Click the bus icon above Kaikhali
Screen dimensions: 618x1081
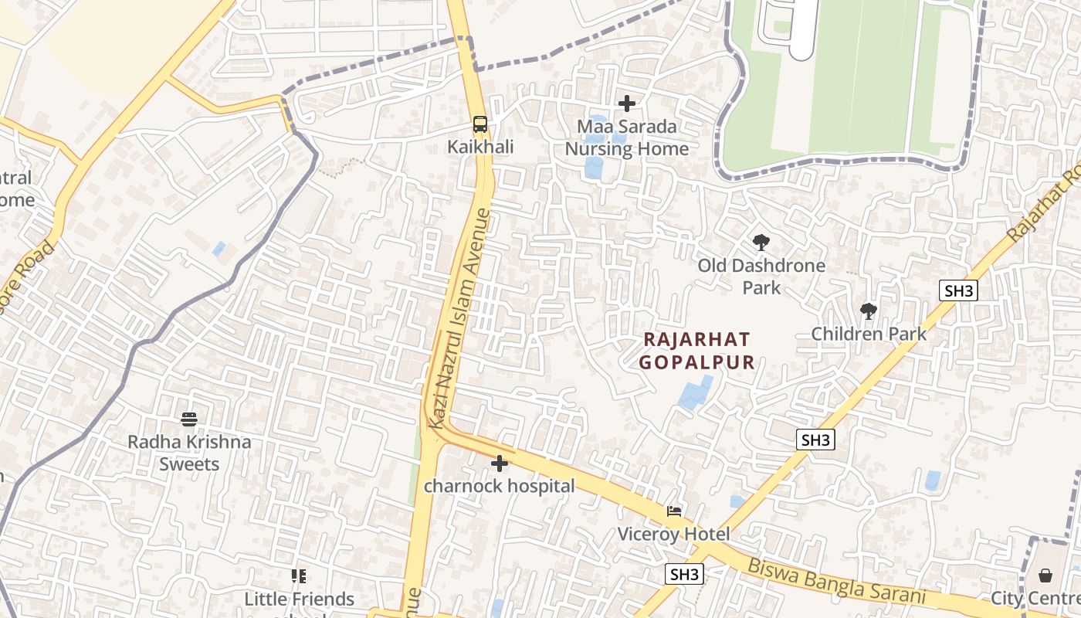click(x=480, y=124)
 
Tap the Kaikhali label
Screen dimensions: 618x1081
click(x=480, y=147)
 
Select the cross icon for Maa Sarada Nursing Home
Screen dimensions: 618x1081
click(x=627, y=103)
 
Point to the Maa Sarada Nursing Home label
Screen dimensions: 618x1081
click(x=627, y=138)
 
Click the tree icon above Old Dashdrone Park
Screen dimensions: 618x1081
click(x=761, y=243)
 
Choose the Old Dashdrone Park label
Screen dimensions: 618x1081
click(x=761, y=277)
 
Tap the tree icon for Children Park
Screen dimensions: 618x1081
click(x=869, y=311)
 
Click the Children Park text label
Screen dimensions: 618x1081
click(x=869, y=334)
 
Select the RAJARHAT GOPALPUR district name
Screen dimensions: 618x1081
click(x=696, y=351)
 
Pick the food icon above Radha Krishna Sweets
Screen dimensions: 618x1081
click(x=189, y=419)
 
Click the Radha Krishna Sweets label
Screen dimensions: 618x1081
click(x=189, y=453)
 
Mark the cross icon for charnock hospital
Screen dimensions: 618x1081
click(x=500, y=463)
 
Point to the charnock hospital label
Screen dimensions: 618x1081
click(x=500, y=487)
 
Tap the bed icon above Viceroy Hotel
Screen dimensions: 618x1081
click(x=674, y=511)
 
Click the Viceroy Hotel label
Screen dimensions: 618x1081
click(x=674, y=534)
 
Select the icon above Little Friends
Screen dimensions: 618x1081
click(x=299, y=576)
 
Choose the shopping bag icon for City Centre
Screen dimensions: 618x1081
click(x=1045, y=576)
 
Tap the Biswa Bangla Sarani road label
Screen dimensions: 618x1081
click(x=835, y=580)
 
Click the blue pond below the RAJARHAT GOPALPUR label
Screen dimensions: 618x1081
click(x=695, y=393)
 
